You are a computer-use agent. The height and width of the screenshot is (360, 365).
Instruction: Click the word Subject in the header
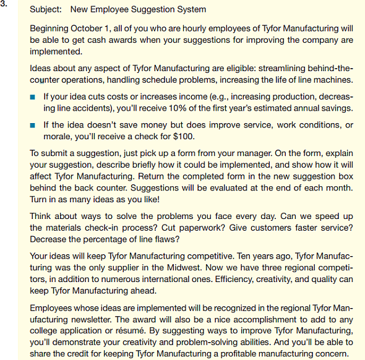point(45,10)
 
